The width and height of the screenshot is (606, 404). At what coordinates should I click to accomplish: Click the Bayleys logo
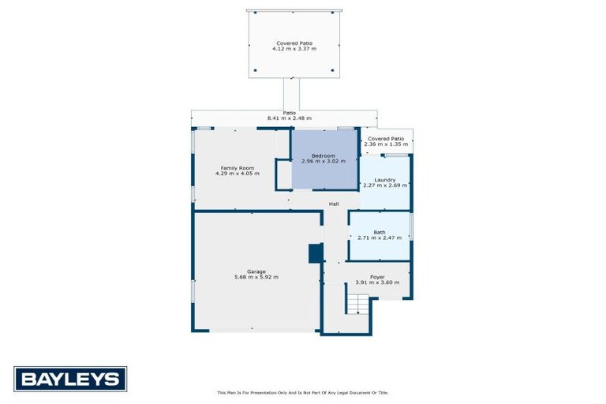[70, 379]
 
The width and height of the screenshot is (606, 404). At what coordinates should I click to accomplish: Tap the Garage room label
[256, 271]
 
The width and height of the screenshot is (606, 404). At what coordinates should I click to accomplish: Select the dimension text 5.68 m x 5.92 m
[256, 278]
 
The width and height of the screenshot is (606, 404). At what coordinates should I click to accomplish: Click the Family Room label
[237, 167]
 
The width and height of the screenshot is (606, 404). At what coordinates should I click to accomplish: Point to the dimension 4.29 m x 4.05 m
[237, 174]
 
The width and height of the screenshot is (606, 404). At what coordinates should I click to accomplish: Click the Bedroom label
[324, 155]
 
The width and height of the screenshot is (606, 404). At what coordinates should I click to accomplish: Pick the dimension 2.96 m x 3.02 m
[324, 162]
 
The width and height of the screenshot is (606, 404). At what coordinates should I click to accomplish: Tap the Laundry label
[385, 179]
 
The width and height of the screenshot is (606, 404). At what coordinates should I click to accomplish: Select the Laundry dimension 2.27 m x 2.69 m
[385, 185]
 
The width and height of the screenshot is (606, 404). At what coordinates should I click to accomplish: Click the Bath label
[380, 232]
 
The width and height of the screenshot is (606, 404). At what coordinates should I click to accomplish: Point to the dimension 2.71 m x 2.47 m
[380, 238]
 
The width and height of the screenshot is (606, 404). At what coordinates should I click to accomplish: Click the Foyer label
[377, 277]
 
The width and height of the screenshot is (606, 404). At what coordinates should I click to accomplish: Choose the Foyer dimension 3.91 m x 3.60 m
[377, 283]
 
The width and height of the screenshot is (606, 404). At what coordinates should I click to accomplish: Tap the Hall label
[334, 204]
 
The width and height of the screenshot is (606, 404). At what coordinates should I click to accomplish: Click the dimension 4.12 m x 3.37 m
[294, 49]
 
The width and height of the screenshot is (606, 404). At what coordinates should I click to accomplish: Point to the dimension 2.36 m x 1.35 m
[385, 145]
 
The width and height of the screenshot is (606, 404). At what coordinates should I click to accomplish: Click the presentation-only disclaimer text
[302, 392]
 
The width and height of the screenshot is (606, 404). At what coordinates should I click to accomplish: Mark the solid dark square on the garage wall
[315, 253]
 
